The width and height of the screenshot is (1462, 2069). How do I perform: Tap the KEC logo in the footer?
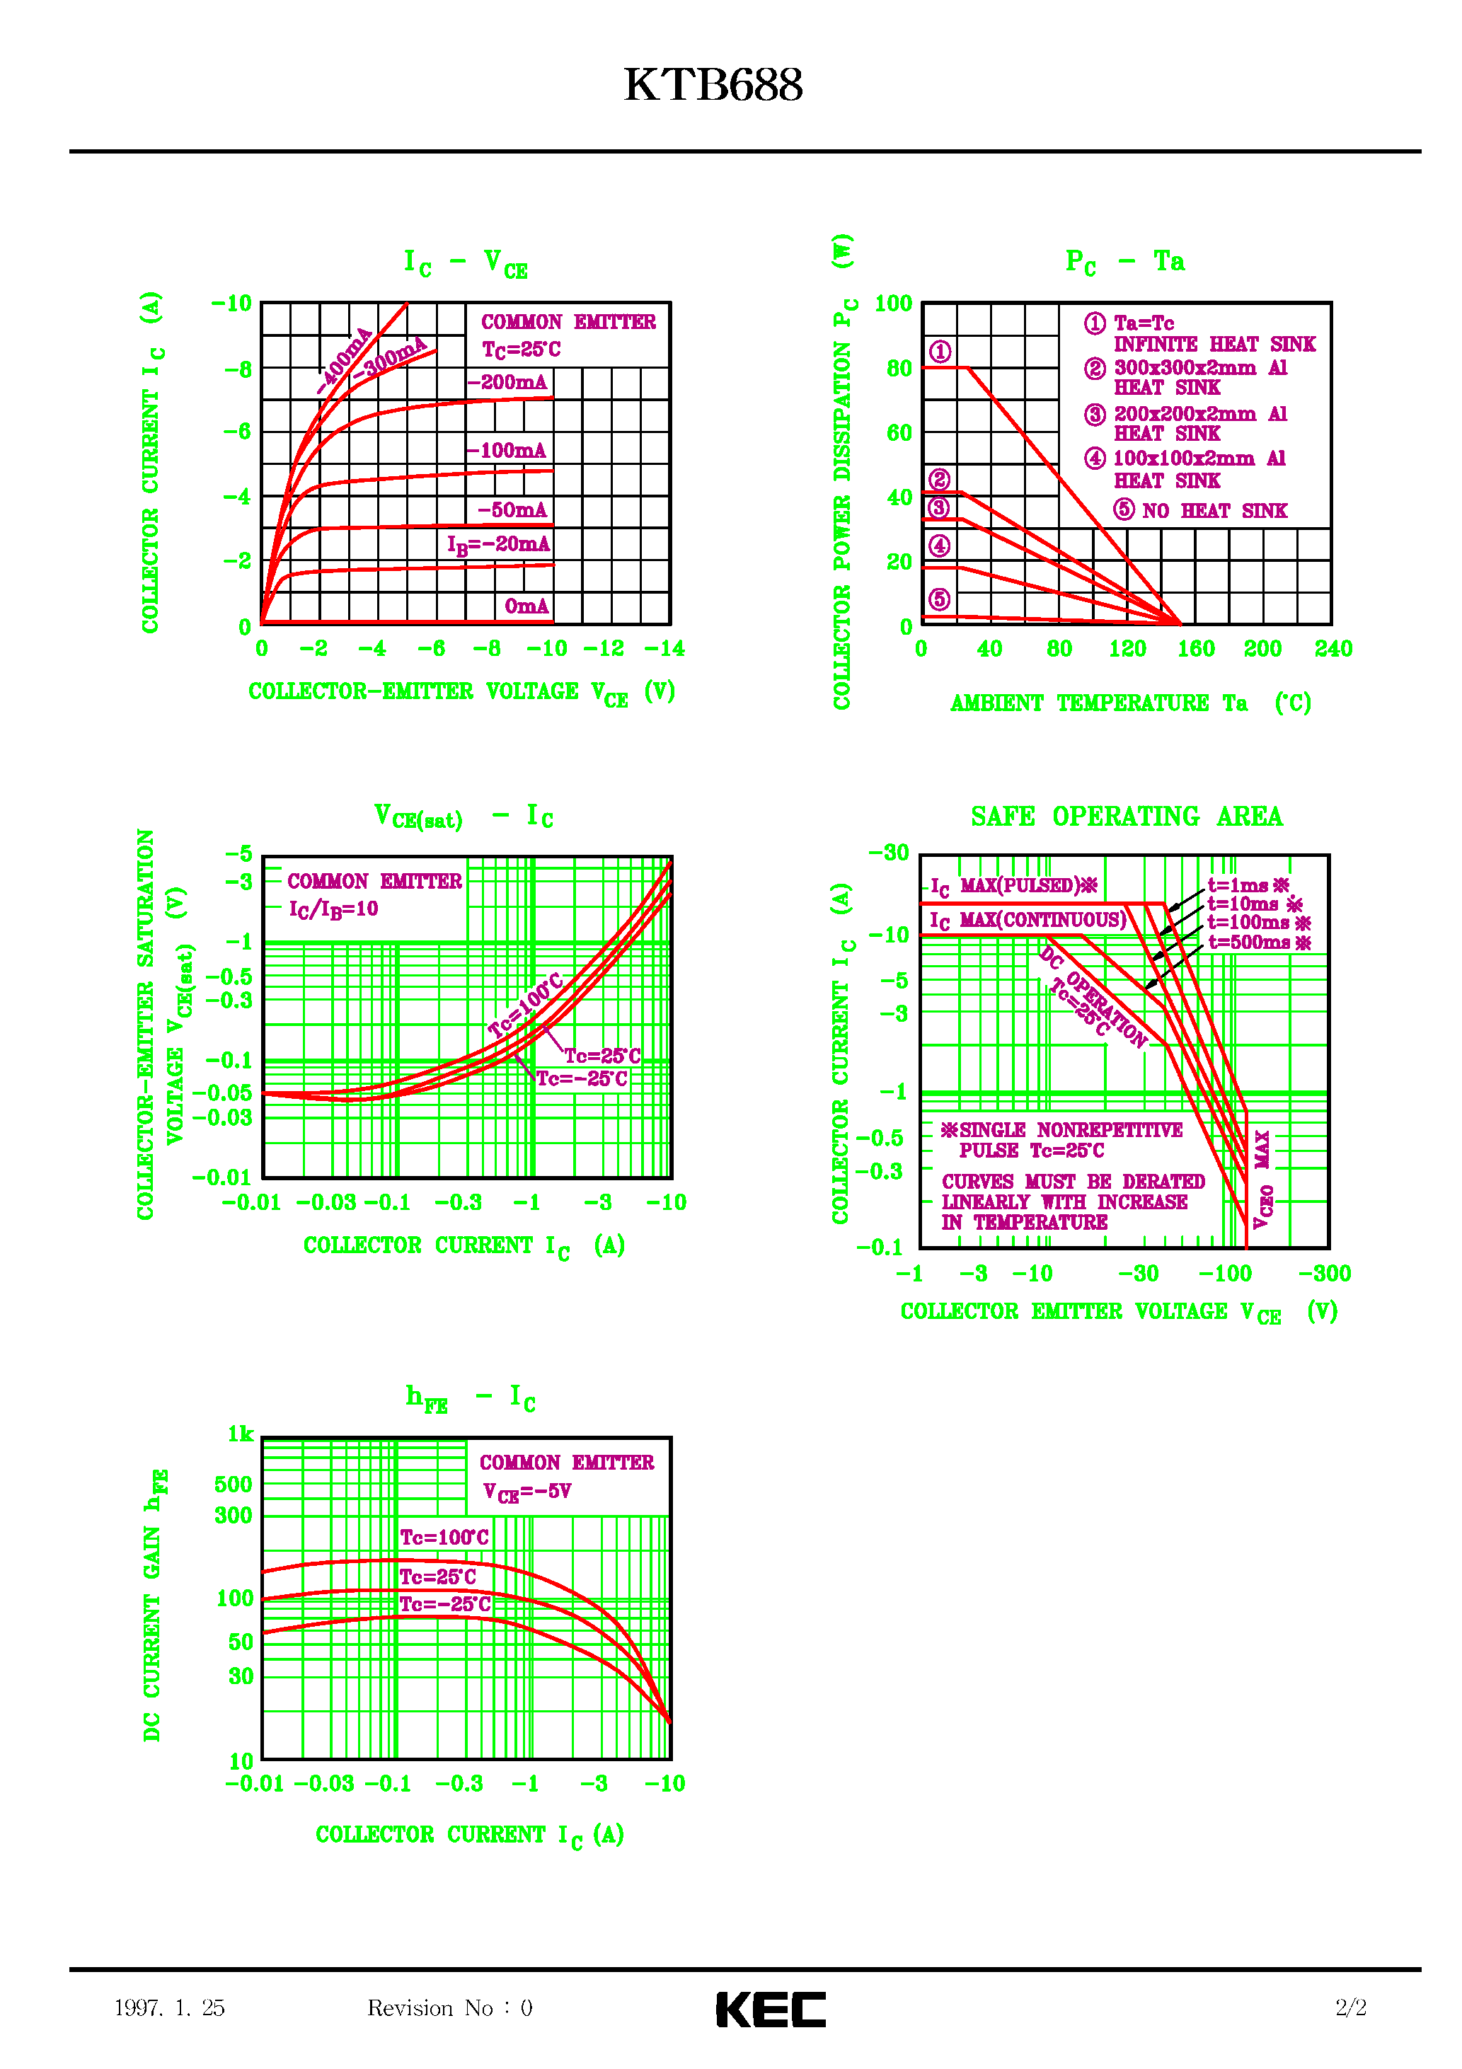point(771,2009)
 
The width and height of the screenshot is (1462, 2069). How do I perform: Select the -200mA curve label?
point(507,382)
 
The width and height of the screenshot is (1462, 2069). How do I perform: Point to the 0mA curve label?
point(526,606)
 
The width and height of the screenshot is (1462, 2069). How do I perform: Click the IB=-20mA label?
point(497,544)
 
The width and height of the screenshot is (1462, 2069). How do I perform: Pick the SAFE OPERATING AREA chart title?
point(1126,817)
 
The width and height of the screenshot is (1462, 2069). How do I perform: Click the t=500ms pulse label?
point(1258,943)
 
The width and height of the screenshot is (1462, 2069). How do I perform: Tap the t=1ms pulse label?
point(1248,886)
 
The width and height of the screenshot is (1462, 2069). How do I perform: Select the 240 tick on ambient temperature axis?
point(1333,649)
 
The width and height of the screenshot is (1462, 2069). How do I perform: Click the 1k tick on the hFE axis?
point(240,1434)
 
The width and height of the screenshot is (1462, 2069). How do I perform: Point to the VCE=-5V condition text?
point(527,1492)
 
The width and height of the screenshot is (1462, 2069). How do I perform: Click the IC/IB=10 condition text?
point(333,909)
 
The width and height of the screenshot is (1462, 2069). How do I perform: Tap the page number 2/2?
point(1350,2007)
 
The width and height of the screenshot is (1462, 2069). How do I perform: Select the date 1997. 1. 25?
point(169,2007)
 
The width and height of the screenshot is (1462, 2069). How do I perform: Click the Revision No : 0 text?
point(449,2007)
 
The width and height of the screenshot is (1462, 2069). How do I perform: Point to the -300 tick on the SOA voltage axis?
point(1324,1273)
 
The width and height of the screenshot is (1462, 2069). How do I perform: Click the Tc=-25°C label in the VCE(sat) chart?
point(582,1078)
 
